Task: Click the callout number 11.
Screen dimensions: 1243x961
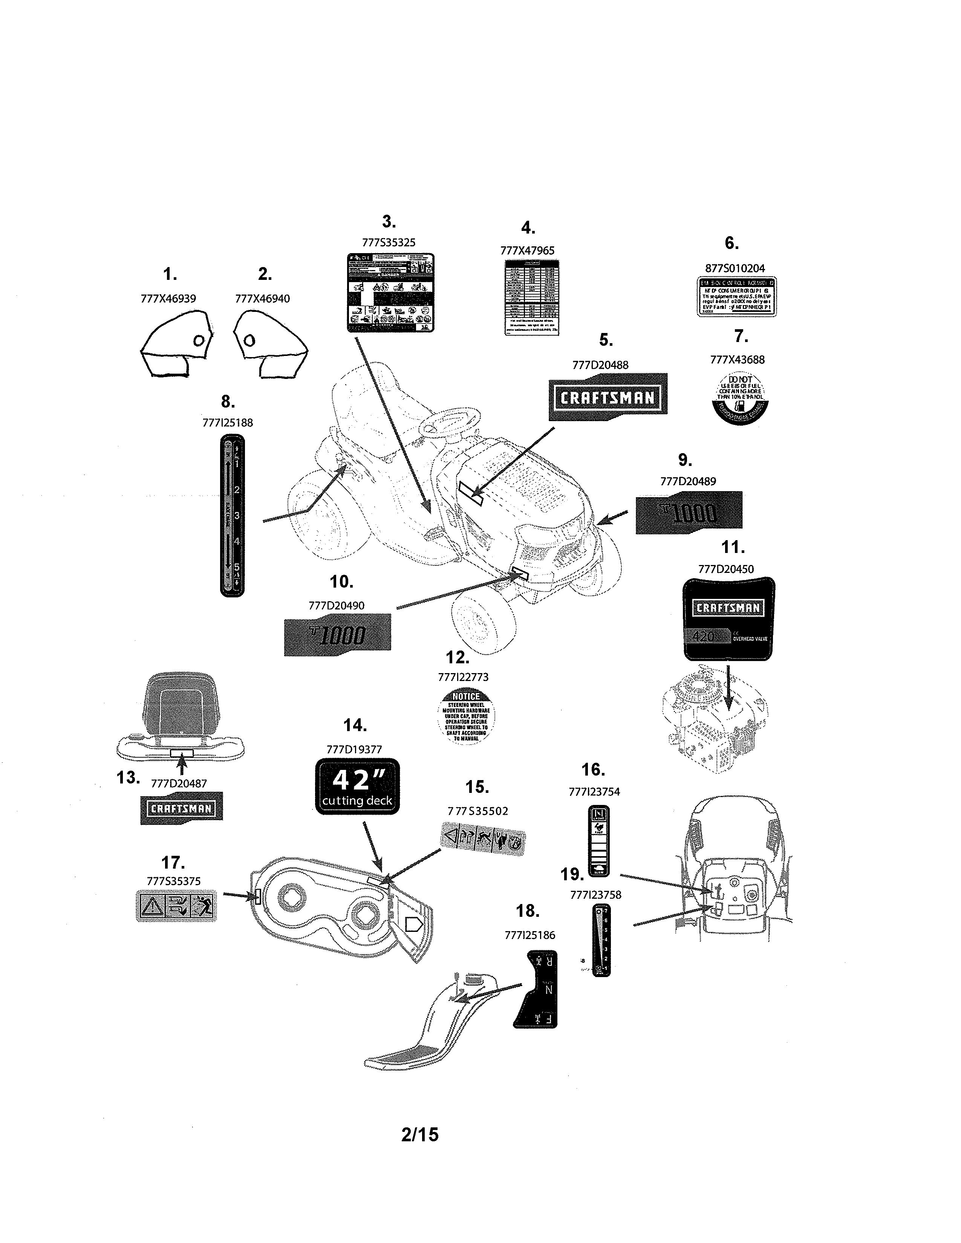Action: pyautogui.click(x=732, y=548)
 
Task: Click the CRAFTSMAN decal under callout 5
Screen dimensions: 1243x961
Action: pyautogui.click(x=608, y=397)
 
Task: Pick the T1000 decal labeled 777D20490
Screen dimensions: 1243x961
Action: pyautogui.click(x=337, y=635)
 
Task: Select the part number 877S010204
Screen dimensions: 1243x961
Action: pyautogui.click(x=735, y=268)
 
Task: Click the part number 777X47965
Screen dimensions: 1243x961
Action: pyautogui.click(x=527, y=250)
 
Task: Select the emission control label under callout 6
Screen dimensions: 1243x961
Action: pyautogui.click(x=737, y=296)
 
